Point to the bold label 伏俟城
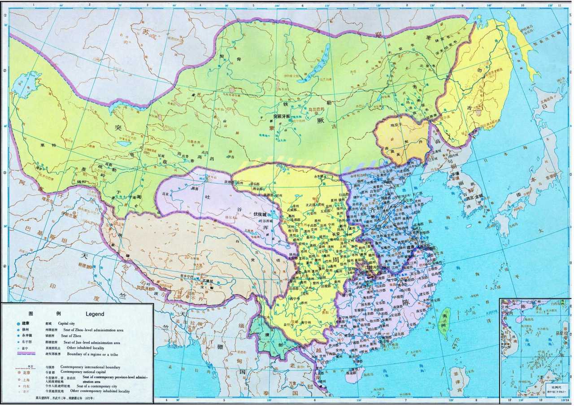point(262,214)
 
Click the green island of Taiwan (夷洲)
point(446,319)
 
